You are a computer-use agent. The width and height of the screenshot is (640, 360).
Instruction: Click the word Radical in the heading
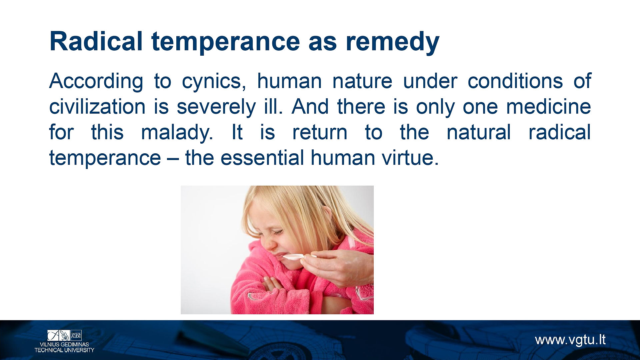96,41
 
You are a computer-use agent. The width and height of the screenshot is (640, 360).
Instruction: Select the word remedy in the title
392,43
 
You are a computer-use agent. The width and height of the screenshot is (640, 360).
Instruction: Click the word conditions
515,81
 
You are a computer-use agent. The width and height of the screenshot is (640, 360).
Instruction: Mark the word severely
216,108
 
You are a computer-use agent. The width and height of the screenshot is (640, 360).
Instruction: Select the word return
320,133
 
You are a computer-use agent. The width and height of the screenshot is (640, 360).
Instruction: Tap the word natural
479,132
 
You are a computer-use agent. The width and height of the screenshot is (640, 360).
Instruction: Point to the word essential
262,158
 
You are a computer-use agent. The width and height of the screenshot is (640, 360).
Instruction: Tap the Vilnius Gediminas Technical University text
64,347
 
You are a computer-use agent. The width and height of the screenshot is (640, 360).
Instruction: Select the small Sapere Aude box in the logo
76,335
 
